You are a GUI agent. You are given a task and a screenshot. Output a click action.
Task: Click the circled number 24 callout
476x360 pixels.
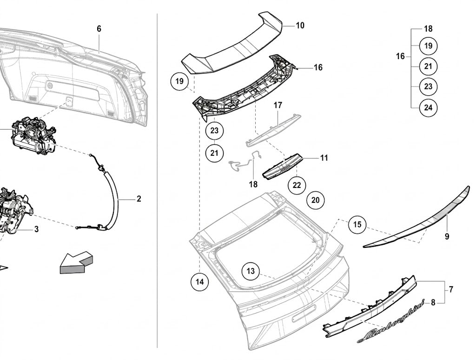click(428, 107)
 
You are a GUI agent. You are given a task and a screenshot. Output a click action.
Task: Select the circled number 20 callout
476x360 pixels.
click(316, 200)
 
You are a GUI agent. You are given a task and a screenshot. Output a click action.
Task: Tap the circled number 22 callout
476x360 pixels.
click(297, 185)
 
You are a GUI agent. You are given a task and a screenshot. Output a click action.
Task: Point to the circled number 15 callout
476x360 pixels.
click(357, 224)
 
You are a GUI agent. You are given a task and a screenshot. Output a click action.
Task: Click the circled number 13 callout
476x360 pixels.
click(251, 271)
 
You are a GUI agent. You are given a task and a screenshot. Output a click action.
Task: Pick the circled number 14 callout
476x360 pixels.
click(200, 282)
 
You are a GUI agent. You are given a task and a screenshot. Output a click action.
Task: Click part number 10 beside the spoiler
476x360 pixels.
click(300, 26)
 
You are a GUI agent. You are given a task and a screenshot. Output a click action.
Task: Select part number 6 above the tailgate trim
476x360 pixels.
click(99, 29)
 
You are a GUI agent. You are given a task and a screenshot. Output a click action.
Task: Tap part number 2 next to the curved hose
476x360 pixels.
click(139, 199)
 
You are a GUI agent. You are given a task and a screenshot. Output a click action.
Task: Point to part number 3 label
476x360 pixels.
click(36, 229)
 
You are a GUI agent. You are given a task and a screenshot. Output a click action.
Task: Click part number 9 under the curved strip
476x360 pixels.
click(447, 236)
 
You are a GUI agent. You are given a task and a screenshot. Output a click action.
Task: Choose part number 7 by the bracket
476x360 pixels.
click(451, 289)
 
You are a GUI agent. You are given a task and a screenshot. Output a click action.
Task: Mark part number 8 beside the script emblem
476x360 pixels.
click(433, 303)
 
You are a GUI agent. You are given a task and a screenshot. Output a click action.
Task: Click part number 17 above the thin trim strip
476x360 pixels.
click(278, 106)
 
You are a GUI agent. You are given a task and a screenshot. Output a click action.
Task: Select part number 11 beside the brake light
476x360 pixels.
click(324, 158)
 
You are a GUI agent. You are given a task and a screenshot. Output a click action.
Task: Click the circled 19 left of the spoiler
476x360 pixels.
click(179, 81)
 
